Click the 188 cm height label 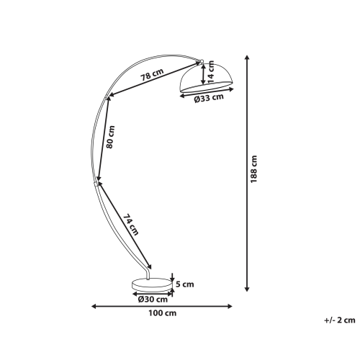(253, 169)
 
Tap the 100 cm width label (162, 313)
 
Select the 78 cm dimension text (152, 74)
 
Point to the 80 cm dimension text (110, 137)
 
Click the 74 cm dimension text (131, 225)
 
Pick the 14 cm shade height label (211, 71)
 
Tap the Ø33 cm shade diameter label (209, 99)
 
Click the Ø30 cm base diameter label (153, 300)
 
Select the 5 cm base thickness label (185, 284)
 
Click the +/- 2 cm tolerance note (340, 320)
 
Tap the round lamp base (152, 284)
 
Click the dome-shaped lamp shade (206, 78)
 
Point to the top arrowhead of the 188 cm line (247, 58)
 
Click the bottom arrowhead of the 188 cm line (247, 289)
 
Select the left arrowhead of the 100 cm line (94, 306)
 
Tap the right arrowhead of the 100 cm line (230, 306)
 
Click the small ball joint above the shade (202, 61)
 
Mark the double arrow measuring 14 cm (203, 74)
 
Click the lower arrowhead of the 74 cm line (150, 266)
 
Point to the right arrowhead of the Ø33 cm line (231, 89)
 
